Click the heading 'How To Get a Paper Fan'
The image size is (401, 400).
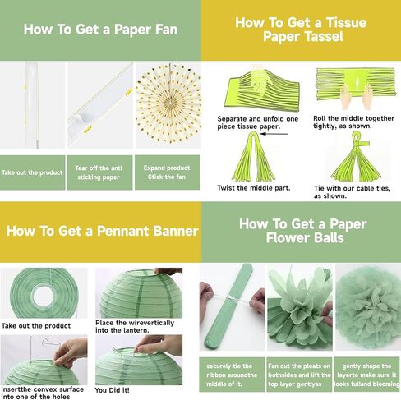[x=100, y=30]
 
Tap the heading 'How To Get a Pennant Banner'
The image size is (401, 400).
[x=102, y=231]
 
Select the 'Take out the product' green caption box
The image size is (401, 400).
[x=32, y=172]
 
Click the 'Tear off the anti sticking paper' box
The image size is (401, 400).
[x=99, y=172]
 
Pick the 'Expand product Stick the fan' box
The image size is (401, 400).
[x=168, y=172]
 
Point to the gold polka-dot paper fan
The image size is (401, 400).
[x=168, y=104]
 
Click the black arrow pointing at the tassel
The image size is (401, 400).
[x=274, y=134]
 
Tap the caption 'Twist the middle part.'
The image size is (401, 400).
[x=254, y=188]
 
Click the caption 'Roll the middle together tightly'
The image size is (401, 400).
[x=353, y=122]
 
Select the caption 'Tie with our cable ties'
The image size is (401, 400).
[x=353, y=192]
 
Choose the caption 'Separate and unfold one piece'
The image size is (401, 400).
[x=258, y=122]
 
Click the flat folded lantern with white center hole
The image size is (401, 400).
[x=44, y=293]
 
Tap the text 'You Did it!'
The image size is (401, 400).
[x=112, y=390]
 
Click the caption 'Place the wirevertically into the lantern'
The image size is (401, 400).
[x=135, y=326]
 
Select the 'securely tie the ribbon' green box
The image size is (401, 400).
[x=232, y=375]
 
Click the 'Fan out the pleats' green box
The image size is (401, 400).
[x=299, y=375]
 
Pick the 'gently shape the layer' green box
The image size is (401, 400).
[x=367, y=375]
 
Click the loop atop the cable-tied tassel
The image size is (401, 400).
[x=356, y=138]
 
